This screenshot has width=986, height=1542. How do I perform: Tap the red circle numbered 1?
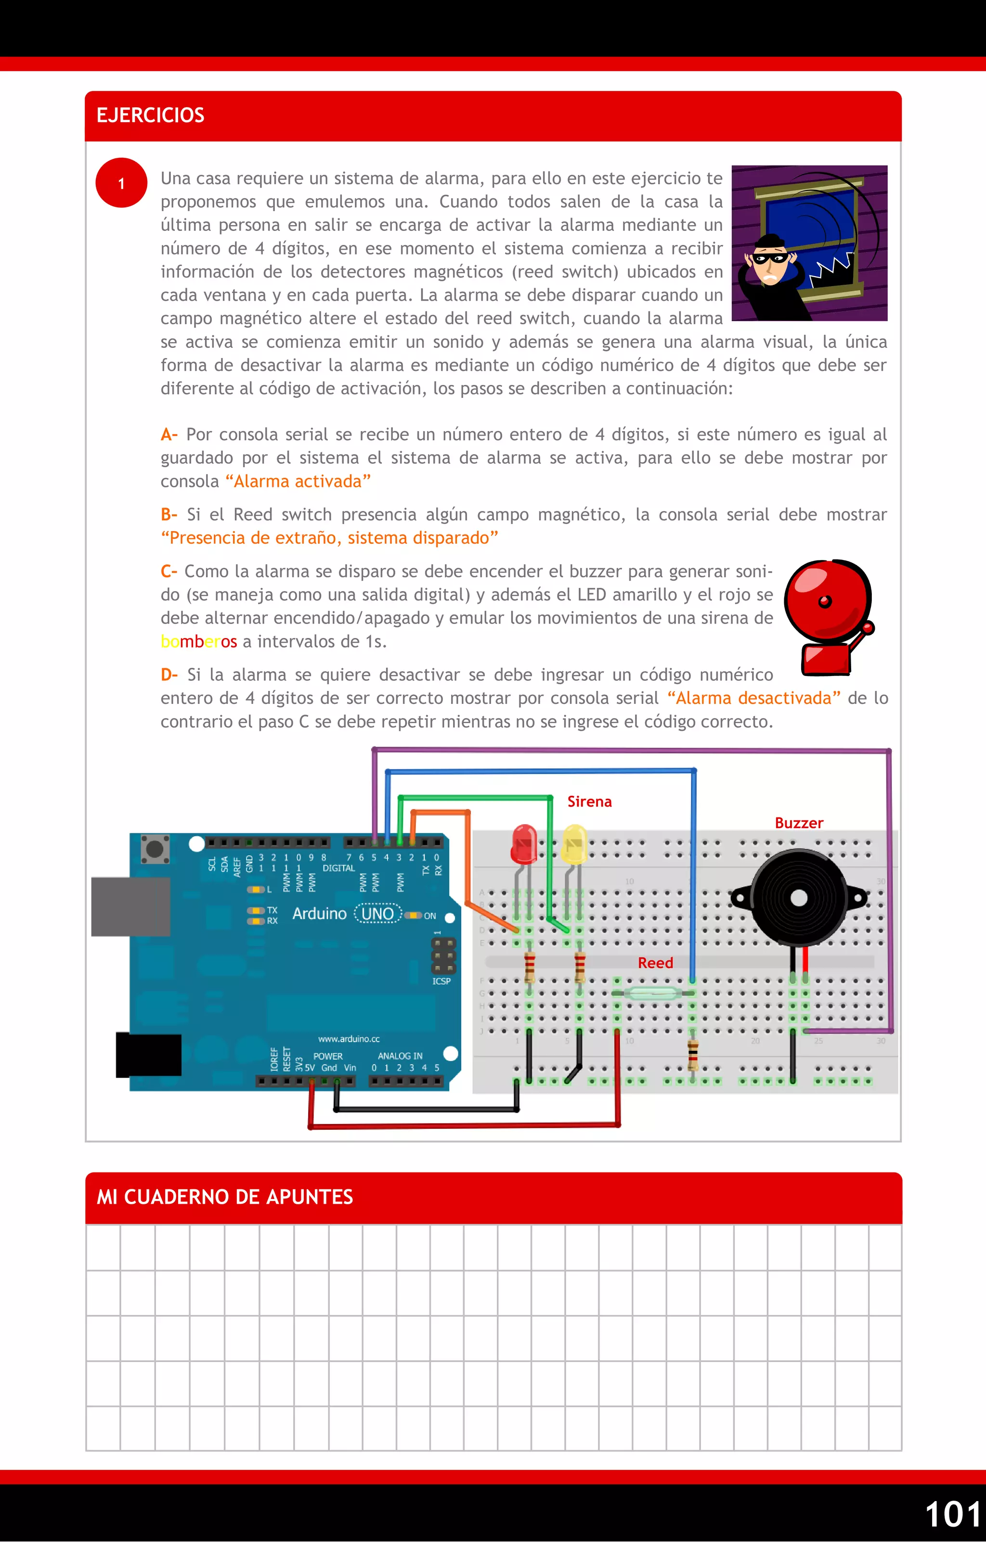(x=121, y=183)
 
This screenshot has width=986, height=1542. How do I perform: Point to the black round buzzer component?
(x=798, y=898)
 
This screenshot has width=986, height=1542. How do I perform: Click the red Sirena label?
(x=589, y=802)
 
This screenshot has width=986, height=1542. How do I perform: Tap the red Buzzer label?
(x=798, y=823)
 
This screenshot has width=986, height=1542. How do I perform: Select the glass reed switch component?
(x=653, y=993)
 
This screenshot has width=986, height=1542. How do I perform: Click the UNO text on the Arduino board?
(x=377, y=914)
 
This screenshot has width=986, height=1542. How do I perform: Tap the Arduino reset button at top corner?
(x=155, y=849)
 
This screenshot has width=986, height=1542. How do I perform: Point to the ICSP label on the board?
(x=441, y=981)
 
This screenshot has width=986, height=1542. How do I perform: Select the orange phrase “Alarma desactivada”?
(x=753, y=698)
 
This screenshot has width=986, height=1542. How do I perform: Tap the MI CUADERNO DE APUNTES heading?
(x=224, y=1197)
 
